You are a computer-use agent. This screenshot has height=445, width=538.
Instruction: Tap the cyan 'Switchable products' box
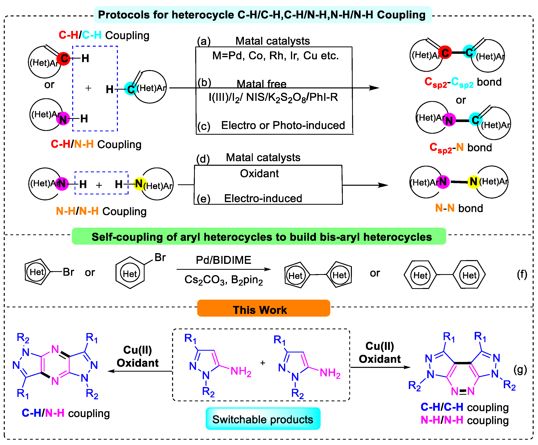pos(263,419)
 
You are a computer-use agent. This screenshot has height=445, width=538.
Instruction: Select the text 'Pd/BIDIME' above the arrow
pos(223,260)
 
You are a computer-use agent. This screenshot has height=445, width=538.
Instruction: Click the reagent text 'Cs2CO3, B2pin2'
pos(223,280)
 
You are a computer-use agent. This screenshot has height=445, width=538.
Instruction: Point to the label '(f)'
pos(522,274)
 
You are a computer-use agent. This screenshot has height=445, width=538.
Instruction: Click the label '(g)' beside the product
pos(520,370)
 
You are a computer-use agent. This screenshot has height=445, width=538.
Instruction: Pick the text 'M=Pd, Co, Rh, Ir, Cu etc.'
pos(275,56)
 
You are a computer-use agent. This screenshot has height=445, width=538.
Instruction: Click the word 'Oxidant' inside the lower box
pos(259,174)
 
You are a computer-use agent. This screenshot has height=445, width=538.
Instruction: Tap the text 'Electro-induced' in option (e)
pos(263,199)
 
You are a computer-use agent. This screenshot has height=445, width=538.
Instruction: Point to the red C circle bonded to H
pos(63,58)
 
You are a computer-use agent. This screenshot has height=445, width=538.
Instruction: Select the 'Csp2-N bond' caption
pos(460,148)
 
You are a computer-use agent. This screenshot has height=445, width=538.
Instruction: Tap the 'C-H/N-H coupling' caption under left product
pos(66,413)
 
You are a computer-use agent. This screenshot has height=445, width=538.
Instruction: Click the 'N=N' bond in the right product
pos(463,391)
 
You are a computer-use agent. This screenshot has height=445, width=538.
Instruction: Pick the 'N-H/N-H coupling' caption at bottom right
pos(464,420)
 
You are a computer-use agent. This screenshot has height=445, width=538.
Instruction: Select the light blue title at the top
pos(262,15)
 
